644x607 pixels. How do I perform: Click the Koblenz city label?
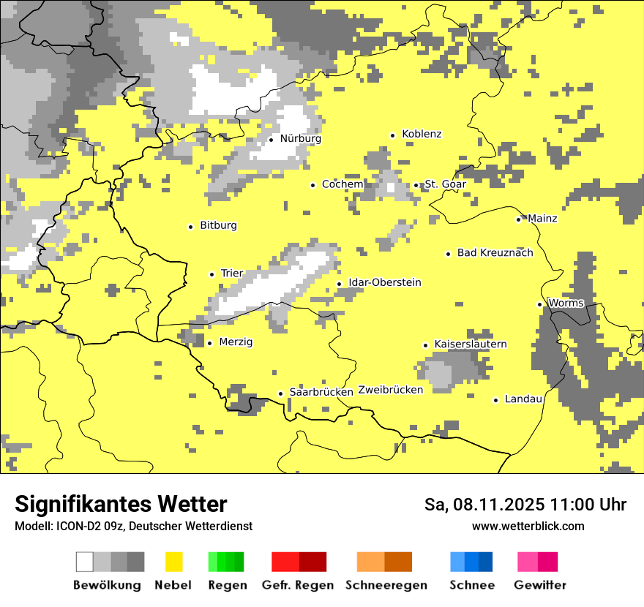[x=422, y=134]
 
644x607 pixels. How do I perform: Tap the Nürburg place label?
[x=300, y=138]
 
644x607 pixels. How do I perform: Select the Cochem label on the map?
[x=342, y=184]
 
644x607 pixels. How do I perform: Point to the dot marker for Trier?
[x=211, y=274]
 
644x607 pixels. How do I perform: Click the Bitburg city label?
[x=218, y=225]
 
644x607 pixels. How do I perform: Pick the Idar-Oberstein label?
[x=384, y=282]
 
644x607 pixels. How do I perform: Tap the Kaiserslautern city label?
[x=470, y=344]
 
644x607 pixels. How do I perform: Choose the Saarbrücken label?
[x=321, y=392]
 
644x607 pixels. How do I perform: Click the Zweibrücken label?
[x=390, y=390]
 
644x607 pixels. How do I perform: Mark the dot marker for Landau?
[x=495, y=400]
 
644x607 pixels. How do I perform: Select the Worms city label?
[x=566, y=303]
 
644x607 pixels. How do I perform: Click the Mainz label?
[x=542, y=218]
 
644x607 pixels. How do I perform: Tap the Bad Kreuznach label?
[x=495, y=252]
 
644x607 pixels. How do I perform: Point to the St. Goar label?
[x=445, y=184]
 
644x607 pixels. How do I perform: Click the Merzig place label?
[x=236, y=342]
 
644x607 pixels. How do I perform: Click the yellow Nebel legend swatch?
[x=174, y=562]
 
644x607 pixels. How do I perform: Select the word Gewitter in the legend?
[x=539, y=585]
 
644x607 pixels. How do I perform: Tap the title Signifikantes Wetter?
[x=121, y=505]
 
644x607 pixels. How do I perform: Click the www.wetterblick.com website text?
[x=528, y=526]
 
